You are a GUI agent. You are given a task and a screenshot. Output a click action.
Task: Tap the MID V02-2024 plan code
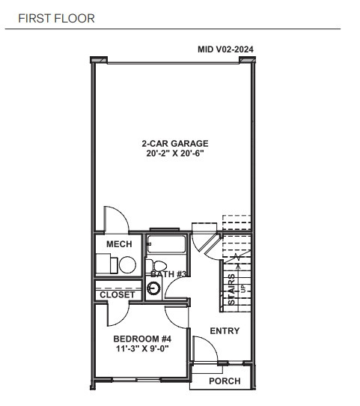coord(225,50)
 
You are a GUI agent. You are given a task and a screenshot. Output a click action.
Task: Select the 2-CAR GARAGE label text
coord(174,143)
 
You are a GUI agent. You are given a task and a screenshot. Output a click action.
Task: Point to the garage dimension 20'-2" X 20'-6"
coord(174,154)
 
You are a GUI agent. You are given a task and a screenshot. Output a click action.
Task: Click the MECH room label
coord(119,245)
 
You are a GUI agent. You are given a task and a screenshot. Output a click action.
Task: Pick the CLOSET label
coord(118,295)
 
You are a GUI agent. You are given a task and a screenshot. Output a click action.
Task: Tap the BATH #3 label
coord(168,275)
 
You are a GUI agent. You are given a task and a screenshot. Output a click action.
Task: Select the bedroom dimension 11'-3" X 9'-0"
coord(140,348)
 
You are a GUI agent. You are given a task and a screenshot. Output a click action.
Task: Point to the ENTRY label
coord(224,331)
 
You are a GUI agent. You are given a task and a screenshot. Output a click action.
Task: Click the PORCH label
coord(225,381)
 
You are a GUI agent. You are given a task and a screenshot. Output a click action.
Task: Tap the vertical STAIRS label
coord(232,288)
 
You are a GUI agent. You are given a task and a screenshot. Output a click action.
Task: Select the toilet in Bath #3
coord(159,267)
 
